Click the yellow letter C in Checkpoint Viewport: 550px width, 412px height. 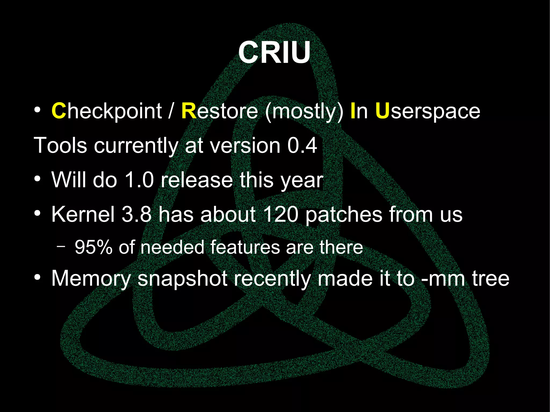[59, 111]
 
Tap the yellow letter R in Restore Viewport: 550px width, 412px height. [189, 111]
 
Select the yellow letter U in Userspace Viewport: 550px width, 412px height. [382, 111]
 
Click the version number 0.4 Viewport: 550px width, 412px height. [302, 145]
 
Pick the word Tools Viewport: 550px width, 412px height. [60, 145]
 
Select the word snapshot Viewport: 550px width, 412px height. [183, 279]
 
